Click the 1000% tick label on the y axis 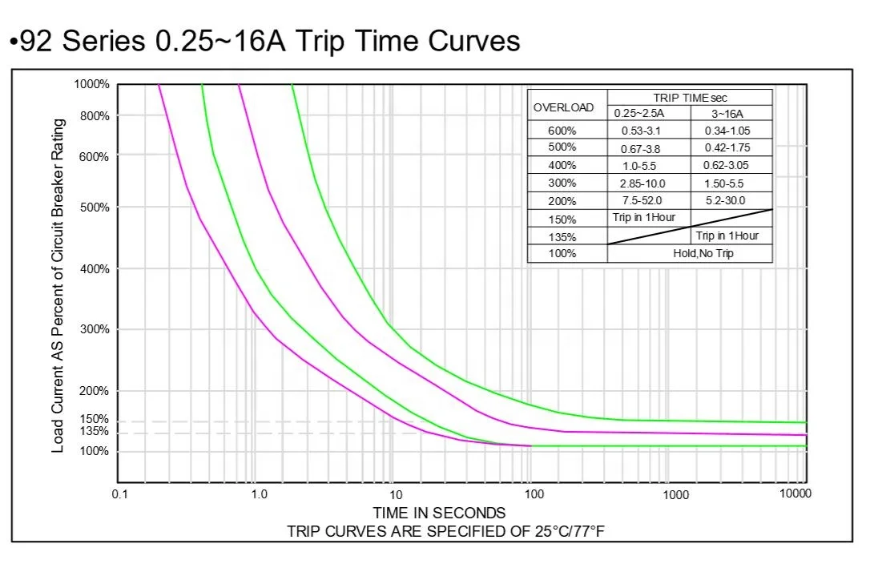point(91,85)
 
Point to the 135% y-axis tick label point(95,432)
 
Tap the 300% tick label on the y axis point(95,329)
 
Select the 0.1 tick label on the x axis point(119,494)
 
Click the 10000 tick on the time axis point(795,493)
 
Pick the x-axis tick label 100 point(534,494)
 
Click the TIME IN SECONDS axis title point(439,513)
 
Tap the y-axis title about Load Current point(58,286)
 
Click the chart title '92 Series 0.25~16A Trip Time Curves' point(264,40)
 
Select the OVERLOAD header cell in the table point(564,107)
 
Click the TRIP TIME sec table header point(690,98)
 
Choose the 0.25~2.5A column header point(646,114)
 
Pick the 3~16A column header point(730,114)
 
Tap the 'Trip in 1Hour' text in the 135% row point(727,236)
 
